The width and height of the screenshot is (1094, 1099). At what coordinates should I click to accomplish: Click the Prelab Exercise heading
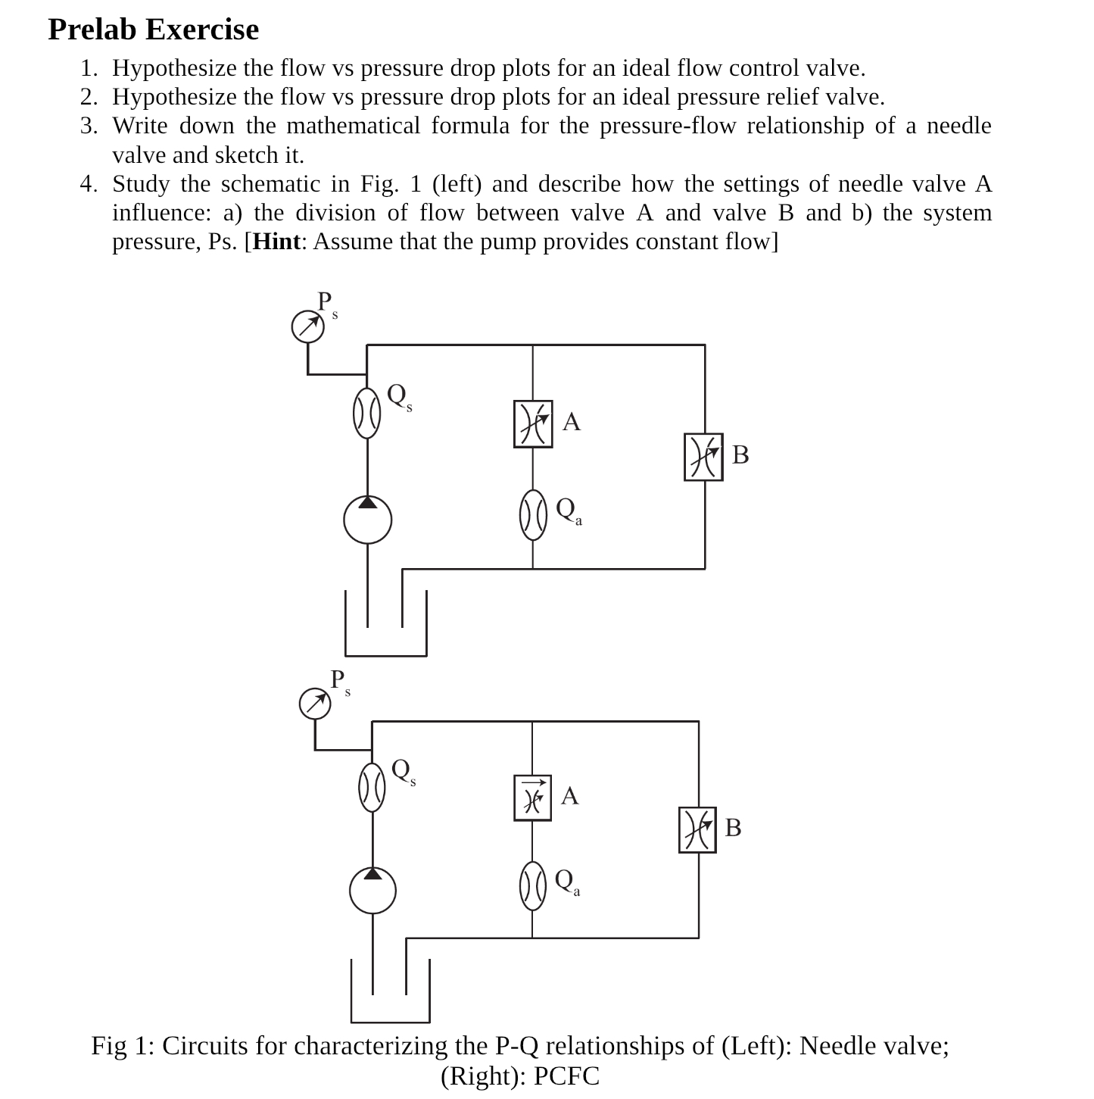(x=153, y=30)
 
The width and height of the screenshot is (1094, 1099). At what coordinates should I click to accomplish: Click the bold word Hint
(x=276, y=242)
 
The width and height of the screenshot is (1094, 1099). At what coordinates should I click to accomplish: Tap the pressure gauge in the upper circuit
(x=308, y=326)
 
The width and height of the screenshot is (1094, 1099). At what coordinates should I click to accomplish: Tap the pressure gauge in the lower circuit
(x=315, y=704)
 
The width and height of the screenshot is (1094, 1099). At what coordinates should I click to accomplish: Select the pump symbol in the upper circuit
(x=368, y=520)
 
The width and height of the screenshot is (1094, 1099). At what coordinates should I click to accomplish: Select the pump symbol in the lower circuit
(x=372, y=891)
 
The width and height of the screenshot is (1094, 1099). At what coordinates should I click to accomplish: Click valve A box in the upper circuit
(x=533, y=424)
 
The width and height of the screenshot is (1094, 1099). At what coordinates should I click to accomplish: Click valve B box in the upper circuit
(x=703, y=457)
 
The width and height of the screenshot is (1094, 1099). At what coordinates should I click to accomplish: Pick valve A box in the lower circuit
(x=532, y=798)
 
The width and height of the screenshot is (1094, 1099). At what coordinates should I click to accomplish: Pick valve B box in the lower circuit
(x=697, y=829)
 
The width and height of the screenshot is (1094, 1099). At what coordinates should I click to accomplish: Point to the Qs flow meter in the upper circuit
(x=367, y=414)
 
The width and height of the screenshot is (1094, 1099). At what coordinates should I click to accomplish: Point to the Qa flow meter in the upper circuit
(x=533, y=514)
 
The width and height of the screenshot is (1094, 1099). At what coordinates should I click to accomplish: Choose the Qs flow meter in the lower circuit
(x=372, y=787)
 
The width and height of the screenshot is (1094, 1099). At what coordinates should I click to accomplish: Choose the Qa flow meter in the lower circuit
(x=532, y=885)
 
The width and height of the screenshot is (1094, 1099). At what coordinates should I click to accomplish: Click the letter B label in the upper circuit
(x=740, y=454)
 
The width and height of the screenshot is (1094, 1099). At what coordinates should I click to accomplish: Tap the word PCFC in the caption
(x=566, y=1076)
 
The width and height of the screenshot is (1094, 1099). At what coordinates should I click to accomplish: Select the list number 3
(x=89, y=126)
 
